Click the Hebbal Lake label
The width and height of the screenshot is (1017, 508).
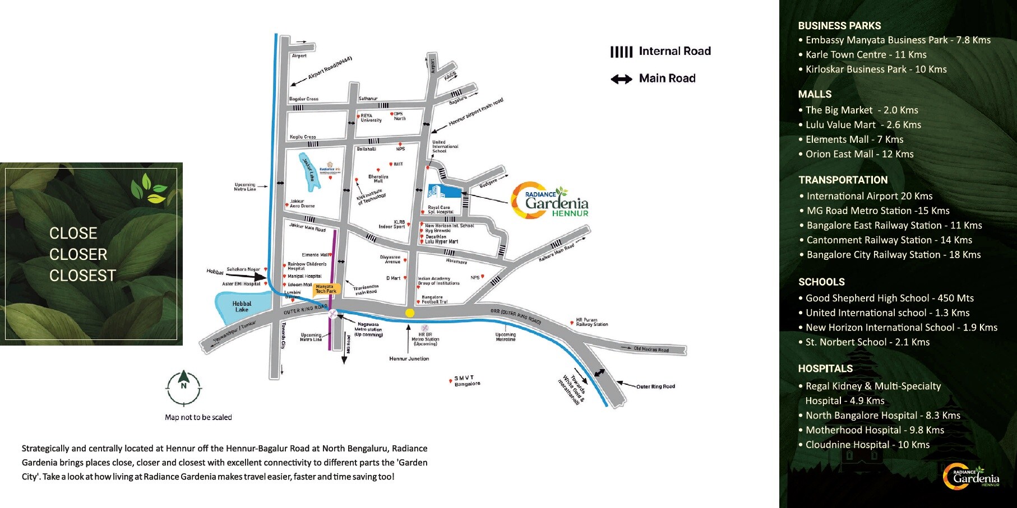(242, 306)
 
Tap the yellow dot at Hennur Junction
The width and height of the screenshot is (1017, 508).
(410, 313)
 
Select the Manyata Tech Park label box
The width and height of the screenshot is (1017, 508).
(326, 289)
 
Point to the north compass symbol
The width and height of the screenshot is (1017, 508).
(183, 387)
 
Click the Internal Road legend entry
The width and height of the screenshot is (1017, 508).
(660, 52)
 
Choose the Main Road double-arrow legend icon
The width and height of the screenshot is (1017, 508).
(621, 79)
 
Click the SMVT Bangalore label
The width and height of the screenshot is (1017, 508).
(466, 381)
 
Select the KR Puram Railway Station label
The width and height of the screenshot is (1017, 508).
(591, 322)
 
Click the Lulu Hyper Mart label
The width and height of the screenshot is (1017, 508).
(441, 242)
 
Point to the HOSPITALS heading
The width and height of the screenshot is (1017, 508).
(825, 369)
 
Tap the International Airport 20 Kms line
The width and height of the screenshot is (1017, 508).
(869, 196)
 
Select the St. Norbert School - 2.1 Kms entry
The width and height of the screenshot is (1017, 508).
(867, 342)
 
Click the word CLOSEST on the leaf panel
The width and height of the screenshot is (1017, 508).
(82, 276)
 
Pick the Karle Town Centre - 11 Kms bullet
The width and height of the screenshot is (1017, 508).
(865, 55)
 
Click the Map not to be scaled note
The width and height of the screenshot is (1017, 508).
(198, 417)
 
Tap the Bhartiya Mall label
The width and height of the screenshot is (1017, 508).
(378, 179)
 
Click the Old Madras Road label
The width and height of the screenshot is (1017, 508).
(651, 349)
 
